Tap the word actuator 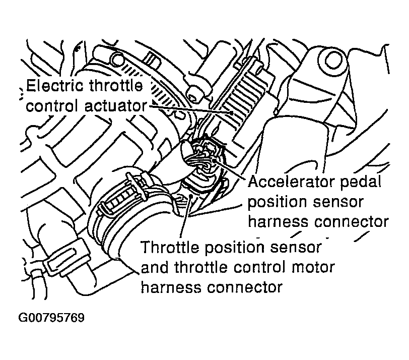pos(116,106)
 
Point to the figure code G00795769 pos(51,318)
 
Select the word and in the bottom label pos(157,267)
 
